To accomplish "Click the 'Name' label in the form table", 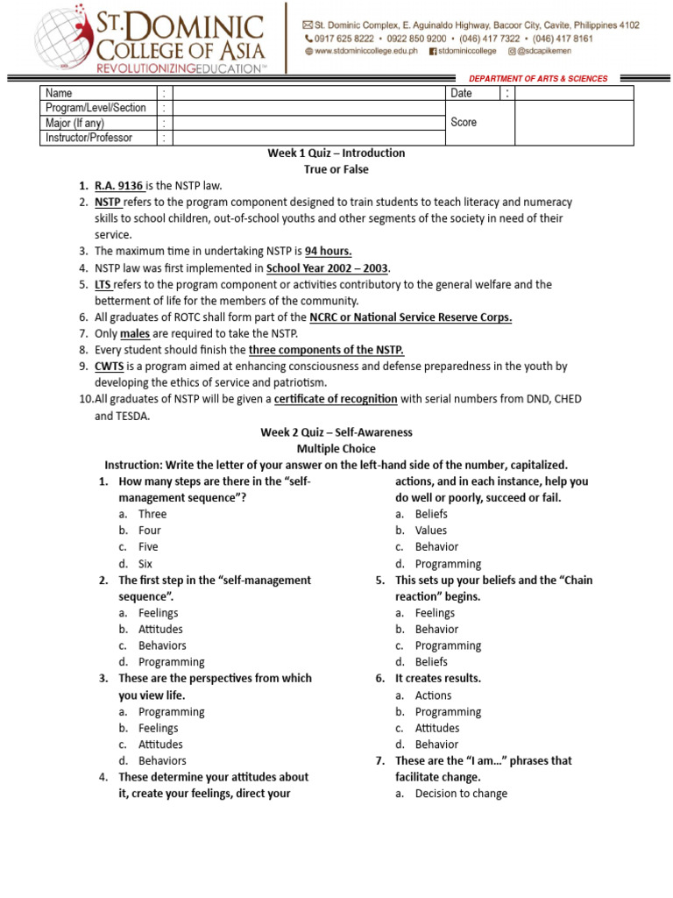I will [59, 93].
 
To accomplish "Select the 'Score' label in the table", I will [464, 122].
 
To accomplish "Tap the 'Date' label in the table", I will [461, 93].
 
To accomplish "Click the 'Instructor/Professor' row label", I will [89, 138].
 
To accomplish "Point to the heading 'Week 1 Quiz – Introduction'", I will [336, 153].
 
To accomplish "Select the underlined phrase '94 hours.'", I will [328, 251].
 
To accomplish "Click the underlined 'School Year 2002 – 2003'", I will [329, 267].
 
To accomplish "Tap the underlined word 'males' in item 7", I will [135, 333].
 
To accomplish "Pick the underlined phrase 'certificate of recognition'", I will [336, 399].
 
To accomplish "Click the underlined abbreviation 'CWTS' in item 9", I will [110, 367].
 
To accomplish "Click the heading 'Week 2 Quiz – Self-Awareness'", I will [336, 432].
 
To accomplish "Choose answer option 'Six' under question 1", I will [145, 564].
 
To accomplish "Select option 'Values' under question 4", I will [430, 531].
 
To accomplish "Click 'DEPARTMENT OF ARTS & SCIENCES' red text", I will [538, 79].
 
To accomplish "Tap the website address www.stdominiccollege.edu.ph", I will [367, 52].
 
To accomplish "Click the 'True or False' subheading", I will [336, 169].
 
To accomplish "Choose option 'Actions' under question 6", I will [433, 695].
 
